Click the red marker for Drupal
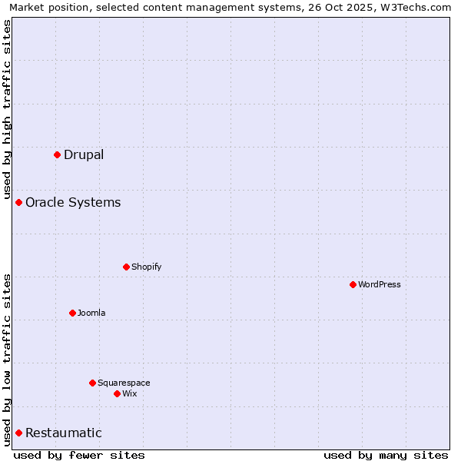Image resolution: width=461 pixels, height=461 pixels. pyautogui.click(x=57, y=154)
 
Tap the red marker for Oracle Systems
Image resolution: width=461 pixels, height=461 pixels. pyautogui.click(x=18, y=202)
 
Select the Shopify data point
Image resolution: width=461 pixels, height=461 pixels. pyautogui.click(x=126, y=267)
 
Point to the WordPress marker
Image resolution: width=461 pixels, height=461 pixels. pyautogui.click(x=353, y=284)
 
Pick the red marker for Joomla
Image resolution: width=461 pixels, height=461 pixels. pyautogui.click(x=72, y=313)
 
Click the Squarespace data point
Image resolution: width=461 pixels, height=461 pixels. pyautogui.click(x=92, y=383)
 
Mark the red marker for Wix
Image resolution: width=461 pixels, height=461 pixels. pyautogui.click(x=117, y=393)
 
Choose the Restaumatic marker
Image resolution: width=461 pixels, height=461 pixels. pyautogui.click(x=18, y=433)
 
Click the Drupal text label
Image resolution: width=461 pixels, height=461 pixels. pyautogui.click(x=84, y=154)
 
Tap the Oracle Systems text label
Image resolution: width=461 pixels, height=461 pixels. pyautogui.click(x=73, y=202)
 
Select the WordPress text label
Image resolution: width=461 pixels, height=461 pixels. pyautogui.click(x=380, y=284)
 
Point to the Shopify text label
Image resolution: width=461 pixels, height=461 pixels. pyautogui.click(x=146, y=267)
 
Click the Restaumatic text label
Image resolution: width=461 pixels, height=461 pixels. pyautogui.click(x=64, y=433)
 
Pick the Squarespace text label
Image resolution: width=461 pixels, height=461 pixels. pyautogui.click(x=124, y=383)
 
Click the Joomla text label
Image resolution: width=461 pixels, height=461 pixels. pyautogui.click(x=91, y=313)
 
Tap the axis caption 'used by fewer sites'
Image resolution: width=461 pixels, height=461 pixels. pyautogui.click(x=79, y=455)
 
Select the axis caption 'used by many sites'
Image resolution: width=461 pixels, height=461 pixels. pyautogui.click(x=386, y=455)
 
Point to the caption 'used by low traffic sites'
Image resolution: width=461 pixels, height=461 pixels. pyautogui.click(x=7, y=360)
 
